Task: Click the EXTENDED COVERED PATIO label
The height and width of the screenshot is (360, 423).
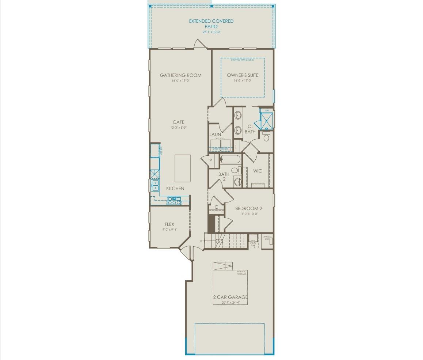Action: (211, 24)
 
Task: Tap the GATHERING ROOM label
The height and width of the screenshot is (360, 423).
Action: (180, 75)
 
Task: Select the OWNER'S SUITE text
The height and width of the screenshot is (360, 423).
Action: (243, 75)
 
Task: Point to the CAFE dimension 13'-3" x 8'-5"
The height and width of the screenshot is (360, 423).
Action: (178, 128)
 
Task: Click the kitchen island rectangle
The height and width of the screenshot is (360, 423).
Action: (183, 168)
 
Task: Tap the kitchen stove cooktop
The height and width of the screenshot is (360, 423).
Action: (174, 200)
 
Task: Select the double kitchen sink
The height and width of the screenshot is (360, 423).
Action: (155, 185)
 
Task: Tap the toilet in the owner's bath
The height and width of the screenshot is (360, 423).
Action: (266, 138)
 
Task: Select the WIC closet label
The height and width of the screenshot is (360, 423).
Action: (258, 171)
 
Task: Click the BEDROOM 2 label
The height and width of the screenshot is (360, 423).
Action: (248, 209)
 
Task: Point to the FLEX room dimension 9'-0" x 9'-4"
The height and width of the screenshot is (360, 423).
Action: (169, 230)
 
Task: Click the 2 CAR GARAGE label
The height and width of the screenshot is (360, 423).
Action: (230, 297)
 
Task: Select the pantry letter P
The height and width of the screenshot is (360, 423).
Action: (211, 160)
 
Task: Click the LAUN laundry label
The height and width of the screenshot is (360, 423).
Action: (215, 134)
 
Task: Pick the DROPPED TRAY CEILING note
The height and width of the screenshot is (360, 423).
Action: (242, 60)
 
